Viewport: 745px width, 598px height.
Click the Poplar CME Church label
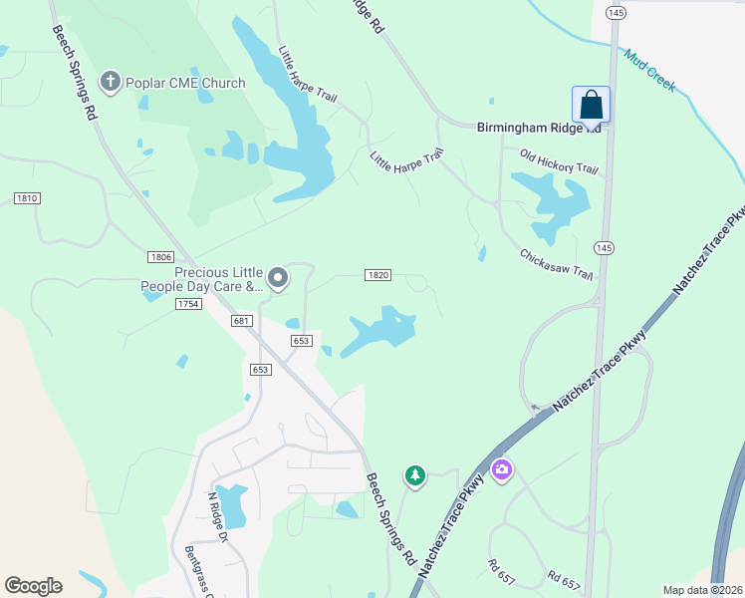[185, 83]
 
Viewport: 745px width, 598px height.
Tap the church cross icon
[111, 82]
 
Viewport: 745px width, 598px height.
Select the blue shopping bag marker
[591, 105]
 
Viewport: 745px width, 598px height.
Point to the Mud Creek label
[650, 70]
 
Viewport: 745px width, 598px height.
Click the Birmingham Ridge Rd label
[539, 127]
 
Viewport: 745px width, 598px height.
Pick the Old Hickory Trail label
[561, 161]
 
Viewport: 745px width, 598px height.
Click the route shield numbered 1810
[27, 198]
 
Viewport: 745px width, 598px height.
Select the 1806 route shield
[161, 256]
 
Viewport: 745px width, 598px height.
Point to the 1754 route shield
[187, 303]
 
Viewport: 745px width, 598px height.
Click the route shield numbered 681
[239, 320]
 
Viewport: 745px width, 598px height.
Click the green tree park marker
[415, 476]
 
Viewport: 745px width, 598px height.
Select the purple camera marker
[501, 469]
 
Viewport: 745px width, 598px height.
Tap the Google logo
[33, 586]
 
